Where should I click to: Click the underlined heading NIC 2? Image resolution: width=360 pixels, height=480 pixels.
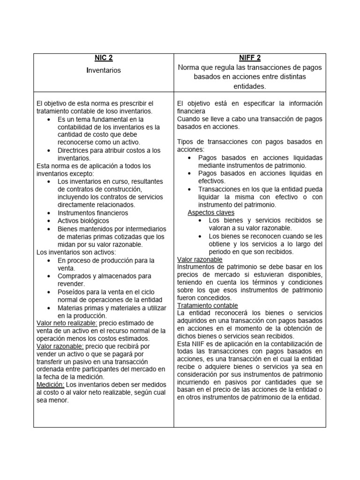[x=104, y=58]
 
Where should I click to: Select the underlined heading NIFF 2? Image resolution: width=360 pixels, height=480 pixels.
[x=249, y=58]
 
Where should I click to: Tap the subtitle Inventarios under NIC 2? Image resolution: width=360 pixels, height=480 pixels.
[x=104, y=70]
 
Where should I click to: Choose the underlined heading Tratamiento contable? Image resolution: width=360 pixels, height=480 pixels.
[x=208, y=306]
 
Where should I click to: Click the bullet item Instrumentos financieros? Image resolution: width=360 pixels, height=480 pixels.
[x=93, y=213]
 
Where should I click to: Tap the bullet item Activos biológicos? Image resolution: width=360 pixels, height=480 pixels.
[x=83, y=221]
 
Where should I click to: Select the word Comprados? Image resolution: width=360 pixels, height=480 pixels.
[x=75, y=276]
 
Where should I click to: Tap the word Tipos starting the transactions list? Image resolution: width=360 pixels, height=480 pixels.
[x=186, y=142]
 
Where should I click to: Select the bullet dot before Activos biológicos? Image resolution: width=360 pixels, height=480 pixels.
[x=49, y=221]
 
